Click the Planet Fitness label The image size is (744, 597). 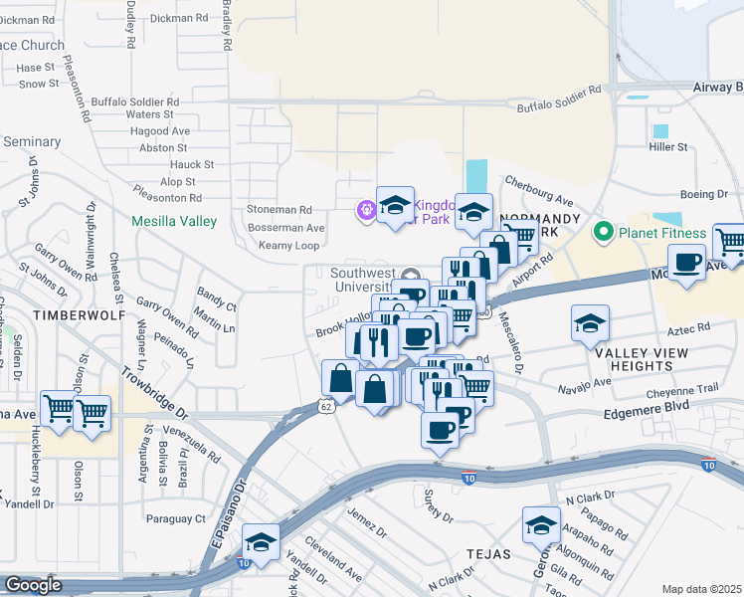coord(662,234)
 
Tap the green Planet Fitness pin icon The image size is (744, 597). coord(603,234)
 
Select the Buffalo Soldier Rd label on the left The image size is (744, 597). coord(134,101)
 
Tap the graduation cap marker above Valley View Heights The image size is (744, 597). coord(590,322)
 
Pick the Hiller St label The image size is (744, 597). coord(667,147)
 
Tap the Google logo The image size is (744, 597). coord(33,585)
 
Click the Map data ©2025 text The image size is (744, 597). coord(702,589)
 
